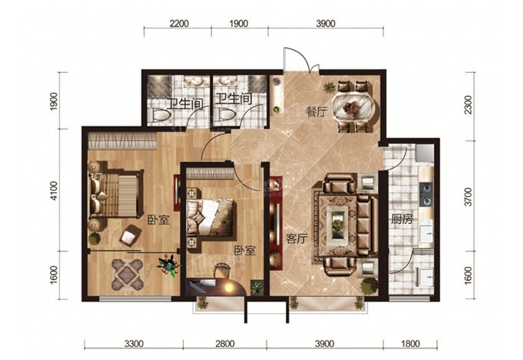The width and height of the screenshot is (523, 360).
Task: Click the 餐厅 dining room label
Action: click(315, 112)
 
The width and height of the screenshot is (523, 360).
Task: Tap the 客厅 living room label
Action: click(297, 239)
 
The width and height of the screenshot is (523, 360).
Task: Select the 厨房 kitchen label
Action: click(402, 220)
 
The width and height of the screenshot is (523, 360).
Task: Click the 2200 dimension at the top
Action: click(179, 24)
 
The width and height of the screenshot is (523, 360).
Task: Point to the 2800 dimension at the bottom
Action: click(225, 344)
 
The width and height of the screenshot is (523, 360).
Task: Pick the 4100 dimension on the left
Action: click(53, 190)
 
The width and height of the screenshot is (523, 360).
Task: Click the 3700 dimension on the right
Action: click(468, 197)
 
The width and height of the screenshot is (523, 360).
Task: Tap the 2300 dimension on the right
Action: click(468, 105)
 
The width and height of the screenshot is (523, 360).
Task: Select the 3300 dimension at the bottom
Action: click(134, 344)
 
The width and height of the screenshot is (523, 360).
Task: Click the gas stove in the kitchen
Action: click(426, 194)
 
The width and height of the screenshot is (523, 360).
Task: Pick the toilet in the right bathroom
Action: click(226, 115)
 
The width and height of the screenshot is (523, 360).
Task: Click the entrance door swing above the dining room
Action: click(301, 59)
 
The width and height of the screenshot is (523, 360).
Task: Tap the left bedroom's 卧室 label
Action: click(158, 220)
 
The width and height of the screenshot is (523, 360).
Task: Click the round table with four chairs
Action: click(128, 274)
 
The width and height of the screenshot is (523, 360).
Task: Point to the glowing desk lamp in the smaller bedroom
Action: click(228, 287)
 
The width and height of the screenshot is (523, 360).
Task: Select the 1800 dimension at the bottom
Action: click(410, 344)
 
